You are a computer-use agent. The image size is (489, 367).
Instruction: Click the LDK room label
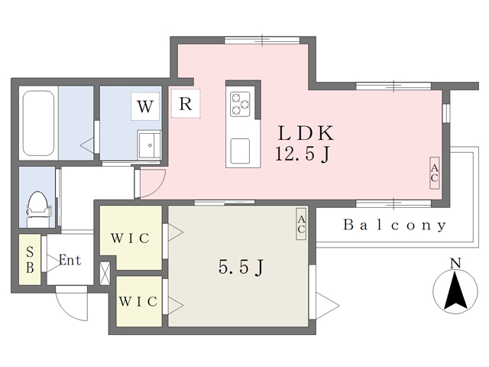pyautogui.click(x=306, y=133)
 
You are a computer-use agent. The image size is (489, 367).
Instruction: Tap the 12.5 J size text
pyautogui.click(x=303, y=154)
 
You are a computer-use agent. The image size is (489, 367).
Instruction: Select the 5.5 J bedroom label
pyautogui.click(x=241, y=267)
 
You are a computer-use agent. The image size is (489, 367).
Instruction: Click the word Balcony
pyautogui.click(x=395, y=225)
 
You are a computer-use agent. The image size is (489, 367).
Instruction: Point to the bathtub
pyautogui.click(x=38, y=123)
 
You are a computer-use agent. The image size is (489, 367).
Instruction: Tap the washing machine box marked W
pyautogui.click(x=145, y=106)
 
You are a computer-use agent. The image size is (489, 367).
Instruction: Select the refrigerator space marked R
pyautogui.click(x=186, y=104)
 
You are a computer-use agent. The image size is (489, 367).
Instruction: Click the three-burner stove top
pyautogui.click(x=240, y=104)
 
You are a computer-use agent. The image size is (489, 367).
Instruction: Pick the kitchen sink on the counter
pyautogui.click(x=240, y=151)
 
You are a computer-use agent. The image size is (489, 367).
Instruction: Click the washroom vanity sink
pyautogui.click(x=149, y=145)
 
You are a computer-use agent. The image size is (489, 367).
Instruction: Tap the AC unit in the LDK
pyautogui.click(x=435, y=173)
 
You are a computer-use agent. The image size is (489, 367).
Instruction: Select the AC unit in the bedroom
pyautogui.click(x=301, y=224)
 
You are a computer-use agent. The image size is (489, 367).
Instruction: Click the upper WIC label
pyautogui.click(x=131, y=239)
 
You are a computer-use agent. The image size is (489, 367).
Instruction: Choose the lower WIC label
pyautogui.click(x=138, y=301)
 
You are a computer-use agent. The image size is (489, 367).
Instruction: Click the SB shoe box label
pyautogui.click(x=30, y=260)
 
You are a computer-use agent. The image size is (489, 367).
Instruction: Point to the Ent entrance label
pyautogui.click(x=70, y=260)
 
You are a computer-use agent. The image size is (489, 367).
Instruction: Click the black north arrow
pyautogui.click(x=455, y=291)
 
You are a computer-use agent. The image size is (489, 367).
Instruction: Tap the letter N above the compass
pyautogui.click(x=455, y=263)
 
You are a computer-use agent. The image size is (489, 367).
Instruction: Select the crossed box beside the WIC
pyautogui.click(x=105, y=274)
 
